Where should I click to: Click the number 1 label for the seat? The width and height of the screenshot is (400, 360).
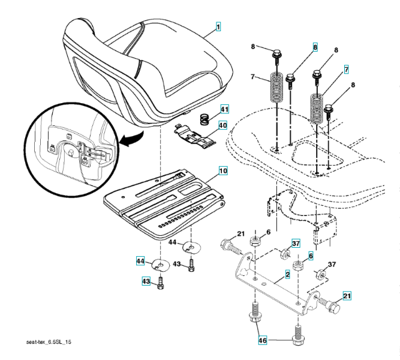pos(219,28)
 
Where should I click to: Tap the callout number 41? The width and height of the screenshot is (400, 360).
pos(224,110)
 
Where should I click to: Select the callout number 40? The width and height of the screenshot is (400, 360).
pos(222,126)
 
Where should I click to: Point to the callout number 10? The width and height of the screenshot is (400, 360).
pos(222,171)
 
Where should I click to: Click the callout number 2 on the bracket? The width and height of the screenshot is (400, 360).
pos(288,274)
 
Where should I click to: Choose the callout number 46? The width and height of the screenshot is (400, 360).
pos(263,340)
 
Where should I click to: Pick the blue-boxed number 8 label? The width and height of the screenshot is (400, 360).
pos(315,46)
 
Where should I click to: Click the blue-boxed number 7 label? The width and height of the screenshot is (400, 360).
pos(346,70)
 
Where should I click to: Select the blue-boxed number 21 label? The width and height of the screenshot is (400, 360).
pos(347,295)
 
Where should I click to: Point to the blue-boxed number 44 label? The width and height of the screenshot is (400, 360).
pos(140,261)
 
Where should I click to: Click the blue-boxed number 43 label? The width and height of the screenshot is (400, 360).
pos(145,281)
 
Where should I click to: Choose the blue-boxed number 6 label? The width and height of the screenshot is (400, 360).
pos(311,255)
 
